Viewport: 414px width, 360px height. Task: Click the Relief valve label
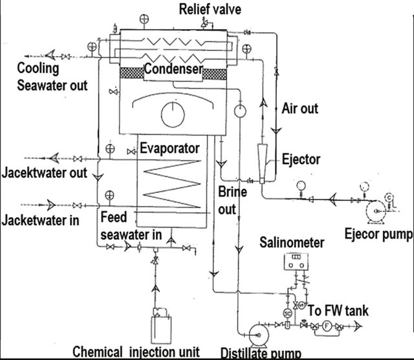coord(210,9)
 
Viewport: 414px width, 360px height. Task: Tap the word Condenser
coord(173,69)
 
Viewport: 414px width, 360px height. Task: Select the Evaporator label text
coord(169,148)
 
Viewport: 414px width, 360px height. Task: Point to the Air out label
coord(300,109)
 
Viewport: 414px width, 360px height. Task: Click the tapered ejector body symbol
coord(262,164)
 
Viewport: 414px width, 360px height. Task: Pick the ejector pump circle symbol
coord(376,211)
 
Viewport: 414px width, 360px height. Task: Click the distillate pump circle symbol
coord(259,335)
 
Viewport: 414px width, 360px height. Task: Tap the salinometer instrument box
coord(296,262)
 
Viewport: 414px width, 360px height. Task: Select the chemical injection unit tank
coord(161,330)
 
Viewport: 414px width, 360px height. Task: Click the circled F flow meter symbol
coord(327,326)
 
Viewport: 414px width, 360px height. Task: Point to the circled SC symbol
coord(287,313)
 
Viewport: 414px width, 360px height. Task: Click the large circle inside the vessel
coord(173,115)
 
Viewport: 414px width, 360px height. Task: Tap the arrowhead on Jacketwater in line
coord(51,205)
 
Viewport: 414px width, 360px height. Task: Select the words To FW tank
coord(338,310)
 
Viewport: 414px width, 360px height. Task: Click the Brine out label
coord(232,200)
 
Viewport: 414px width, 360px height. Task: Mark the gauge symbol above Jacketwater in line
coord(109,196)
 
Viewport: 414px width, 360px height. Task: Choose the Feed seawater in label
coord(131,226)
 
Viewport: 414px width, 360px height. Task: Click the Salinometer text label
coord(292,242)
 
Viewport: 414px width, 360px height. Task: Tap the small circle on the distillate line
coord(240,111)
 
